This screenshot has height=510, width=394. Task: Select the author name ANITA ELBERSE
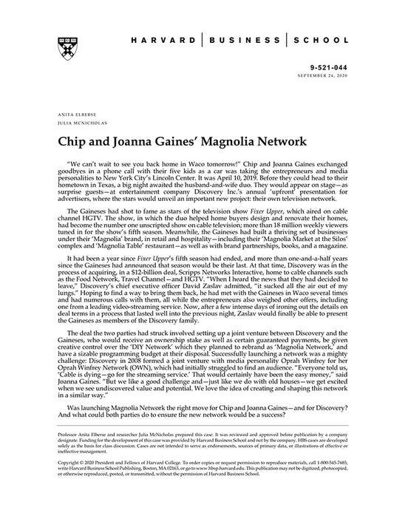pyautogui.click(x=71, y=115)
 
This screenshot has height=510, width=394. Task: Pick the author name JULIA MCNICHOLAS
pyautogui.click(x=76, y=123)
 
